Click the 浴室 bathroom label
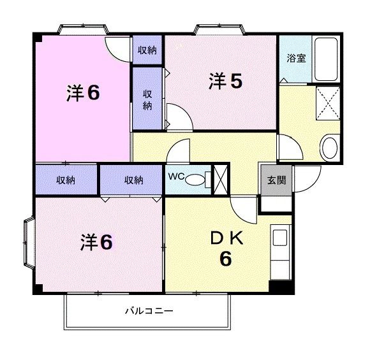(x=296, y=58)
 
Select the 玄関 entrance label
(x=277, y=180)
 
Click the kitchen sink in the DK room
(x=281, y=241)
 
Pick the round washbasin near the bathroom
(x=330, y=148)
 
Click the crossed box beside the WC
(x=221, y=179)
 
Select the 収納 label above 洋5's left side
(x=147, y=50)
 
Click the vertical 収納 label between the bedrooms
(x=147, y=99)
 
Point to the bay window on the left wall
(x=29, y=242)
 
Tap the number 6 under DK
(x=226, y=259)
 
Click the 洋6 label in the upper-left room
(x=83, y=93)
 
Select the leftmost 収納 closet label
(x=66, y=180)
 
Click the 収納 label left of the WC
(x=133, y=180)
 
